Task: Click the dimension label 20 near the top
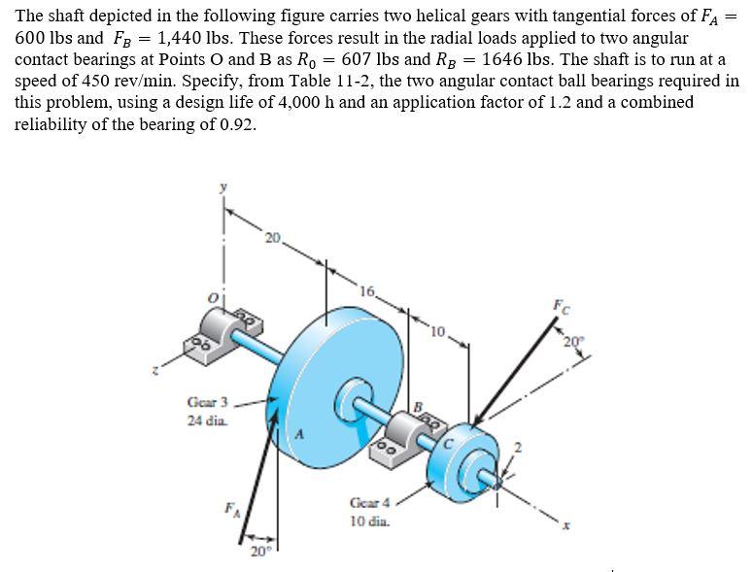point(272,237)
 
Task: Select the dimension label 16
point(366,291)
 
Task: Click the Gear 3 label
point(207,401)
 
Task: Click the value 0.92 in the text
point(234,124)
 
